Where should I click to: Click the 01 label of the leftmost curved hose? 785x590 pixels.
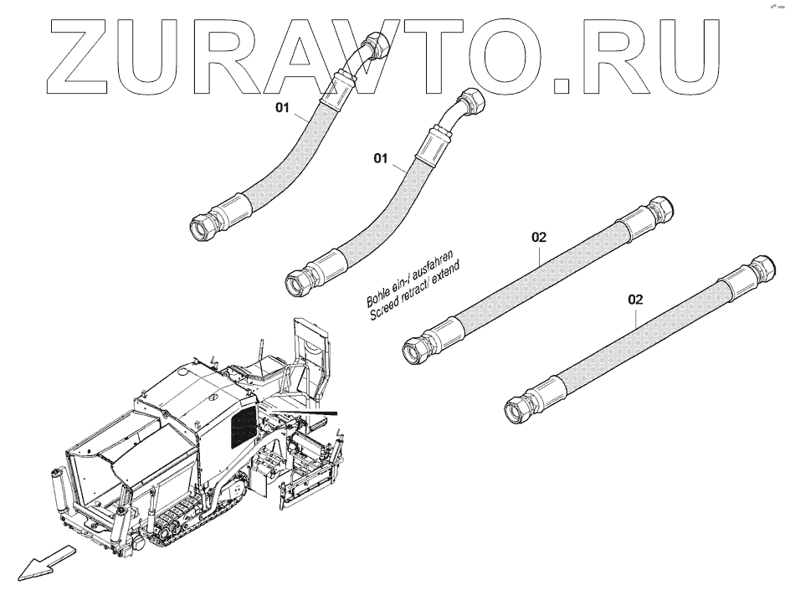284,108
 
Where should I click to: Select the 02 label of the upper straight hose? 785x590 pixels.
539,237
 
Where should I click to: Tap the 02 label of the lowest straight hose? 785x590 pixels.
635,299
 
